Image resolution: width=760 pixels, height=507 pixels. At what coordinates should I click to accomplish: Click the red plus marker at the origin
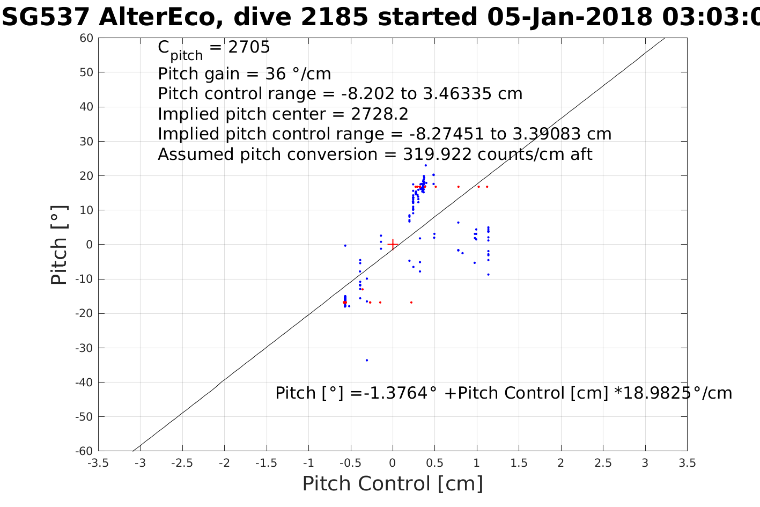click(x=393, y=244)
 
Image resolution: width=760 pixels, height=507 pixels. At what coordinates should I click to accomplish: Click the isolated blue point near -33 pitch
click(x=367, y=360)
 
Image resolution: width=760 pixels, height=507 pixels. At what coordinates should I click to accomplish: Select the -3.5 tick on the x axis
click(x=98, y=463)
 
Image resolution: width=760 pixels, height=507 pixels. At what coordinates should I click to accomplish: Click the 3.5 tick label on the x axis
click(x=687, y=463)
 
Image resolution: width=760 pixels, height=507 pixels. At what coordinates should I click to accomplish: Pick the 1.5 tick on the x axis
click(x=519, y=463)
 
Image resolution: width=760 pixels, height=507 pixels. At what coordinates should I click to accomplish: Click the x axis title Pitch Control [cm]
click(x=393, y=484)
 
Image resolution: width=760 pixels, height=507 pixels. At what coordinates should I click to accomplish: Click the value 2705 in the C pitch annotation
click(x=249, y=47)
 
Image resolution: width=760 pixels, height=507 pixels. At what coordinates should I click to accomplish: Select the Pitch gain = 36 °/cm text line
click(x=244, y=74)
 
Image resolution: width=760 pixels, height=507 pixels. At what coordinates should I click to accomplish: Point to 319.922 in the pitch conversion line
click(x=437, y=155)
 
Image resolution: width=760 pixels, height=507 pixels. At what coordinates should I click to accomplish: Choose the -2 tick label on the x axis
click(x=224, y=463)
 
